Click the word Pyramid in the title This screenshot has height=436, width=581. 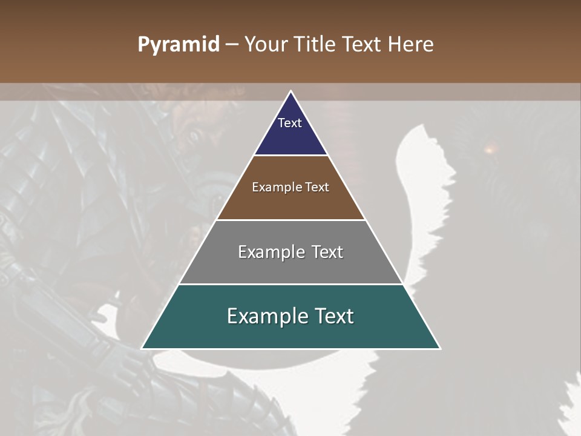pos(178,45)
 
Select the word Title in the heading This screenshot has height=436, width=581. pos(315,45)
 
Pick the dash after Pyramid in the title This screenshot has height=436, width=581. pos(232,45)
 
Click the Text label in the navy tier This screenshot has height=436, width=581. pos(290,123)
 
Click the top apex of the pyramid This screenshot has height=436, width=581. pos(290,91)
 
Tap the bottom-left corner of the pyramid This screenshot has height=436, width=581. pos(142,348)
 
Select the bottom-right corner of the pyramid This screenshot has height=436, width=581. pos(439,348)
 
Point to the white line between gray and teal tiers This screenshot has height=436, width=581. pos(290,284)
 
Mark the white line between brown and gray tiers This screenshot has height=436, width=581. pos(290,220)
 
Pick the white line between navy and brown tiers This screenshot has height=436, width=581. pos(290,156)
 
